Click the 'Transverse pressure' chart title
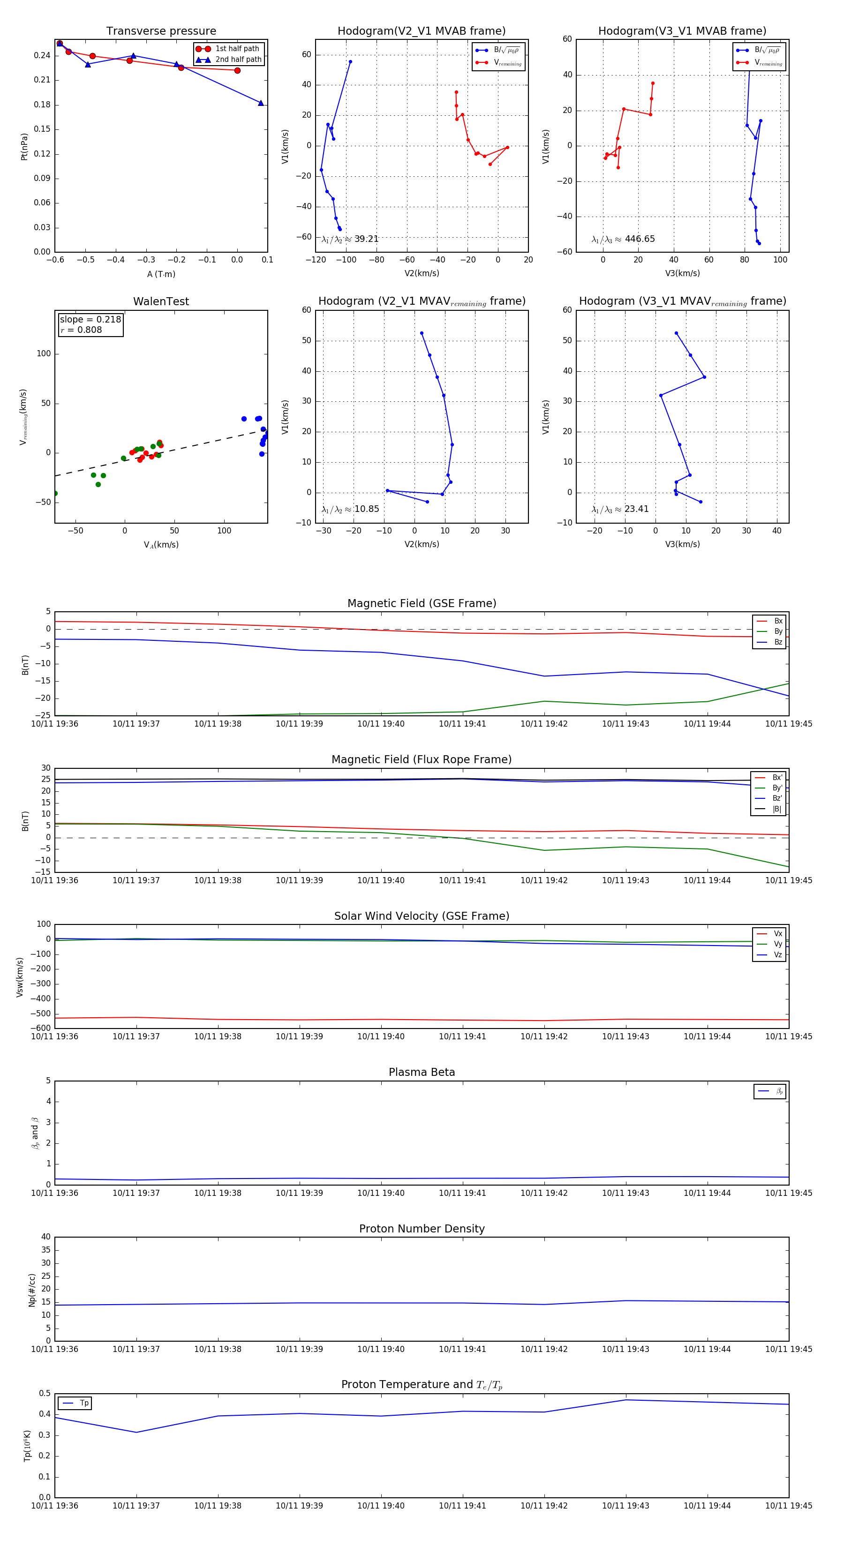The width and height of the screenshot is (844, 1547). tap(161, 31)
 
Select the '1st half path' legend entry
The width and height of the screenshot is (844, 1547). tap(237, 49)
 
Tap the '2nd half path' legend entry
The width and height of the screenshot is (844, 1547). tap(238, 60)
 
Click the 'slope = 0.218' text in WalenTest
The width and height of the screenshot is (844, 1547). tap(90, 320)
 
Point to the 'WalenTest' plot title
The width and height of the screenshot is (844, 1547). tap(161, 301)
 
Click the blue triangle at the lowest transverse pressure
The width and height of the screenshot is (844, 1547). tap(261, 103)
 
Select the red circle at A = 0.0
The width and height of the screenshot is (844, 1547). tap(237, 70)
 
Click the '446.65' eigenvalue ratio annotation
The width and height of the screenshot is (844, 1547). tap(639, 239)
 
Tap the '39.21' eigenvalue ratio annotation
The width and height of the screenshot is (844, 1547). tap(366, 239)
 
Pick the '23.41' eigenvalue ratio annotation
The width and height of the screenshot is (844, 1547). tap(636, 509)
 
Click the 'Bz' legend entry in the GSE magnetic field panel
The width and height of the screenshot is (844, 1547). tap(778, 642)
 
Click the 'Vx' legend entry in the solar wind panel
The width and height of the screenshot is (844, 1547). tap(778, 933)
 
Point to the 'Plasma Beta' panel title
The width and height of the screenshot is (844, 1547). tap(422, 1072)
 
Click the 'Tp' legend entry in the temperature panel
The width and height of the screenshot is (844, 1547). tap(84, 1403)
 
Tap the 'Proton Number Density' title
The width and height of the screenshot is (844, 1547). tap(422, 1229)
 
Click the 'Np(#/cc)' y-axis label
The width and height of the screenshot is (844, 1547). tap(32, 1290)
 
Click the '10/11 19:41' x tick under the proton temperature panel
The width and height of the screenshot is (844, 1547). tap(462, 1506)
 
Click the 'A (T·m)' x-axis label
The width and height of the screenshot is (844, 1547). tap(161, 274)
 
